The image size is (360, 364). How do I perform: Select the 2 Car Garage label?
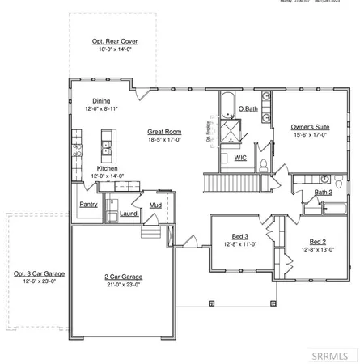pos(124,277)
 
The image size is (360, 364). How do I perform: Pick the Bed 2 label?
pos(318,241)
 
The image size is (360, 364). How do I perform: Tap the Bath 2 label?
pos(324,193)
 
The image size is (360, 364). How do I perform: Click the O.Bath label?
pos(248,109)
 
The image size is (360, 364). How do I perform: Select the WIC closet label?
pos(240,158)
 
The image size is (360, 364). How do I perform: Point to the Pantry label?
pos(88,205)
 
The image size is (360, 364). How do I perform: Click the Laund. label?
pos(129,214)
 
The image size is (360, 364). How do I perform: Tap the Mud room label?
pos(155,205)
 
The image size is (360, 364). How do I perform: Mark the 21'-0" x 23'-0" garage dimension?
pos(124,285)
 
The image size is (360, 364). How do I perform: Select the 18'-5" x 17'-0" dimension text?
pos(163,138)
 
